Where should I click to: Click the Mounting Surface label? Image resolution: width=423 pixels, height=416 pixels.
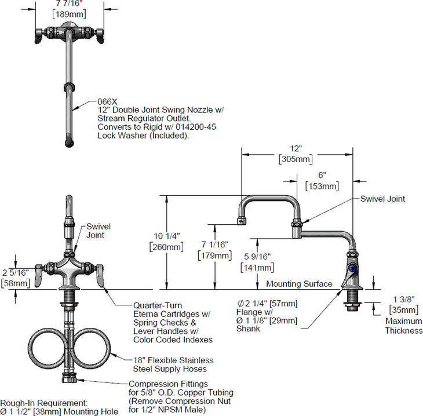pos(299,284)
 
